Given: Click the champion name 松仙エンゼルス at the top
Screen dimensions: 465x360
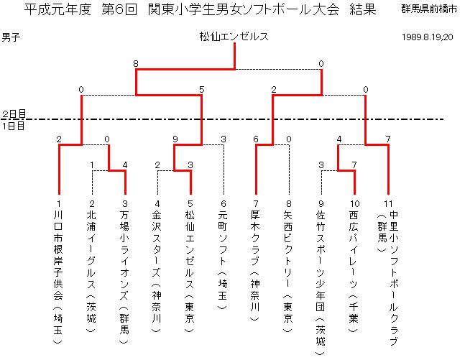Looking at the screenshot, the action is (x=234, y=37).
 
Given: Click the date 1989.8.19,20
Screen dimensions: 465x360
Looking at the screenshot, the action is (x=428, y=37).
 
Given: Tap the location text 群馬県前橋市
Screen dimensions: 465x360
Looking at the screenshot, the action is (x=429, y=9).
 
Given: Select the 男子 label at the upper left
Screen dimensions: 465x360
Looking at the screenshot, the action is (x=11, y=37).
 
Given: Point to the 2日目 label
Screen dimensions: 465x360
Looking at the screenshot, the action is (x=14, y=114).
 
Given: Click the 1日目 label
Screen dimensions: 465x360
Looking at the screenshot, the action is (x=14, y=126).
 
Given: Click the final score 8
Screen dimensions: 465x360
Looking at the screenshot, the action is (x=136, y=64).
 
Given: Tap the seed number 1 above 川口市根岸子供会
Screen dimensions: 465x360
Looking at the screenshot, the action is (x=59, y=204).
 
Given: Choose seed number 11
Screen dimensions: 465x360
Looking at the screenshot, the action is (x=388, y=204).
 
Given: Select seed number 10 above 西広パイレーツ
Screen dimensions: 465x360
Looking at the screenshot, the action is (x=355, y=204).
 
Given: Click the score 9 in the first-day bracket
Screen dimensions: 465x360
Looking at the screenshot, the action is (x=175, y=139).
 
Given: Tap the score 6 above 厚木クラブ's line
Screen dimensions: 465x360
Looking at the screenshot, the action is (x=256, y=139).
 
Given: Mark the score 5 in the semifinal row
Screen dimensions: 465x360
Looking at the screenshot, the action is (x=202, y=90).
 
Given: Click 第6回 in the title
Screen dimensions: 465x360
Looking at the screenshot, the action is (x=119, y=9).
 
